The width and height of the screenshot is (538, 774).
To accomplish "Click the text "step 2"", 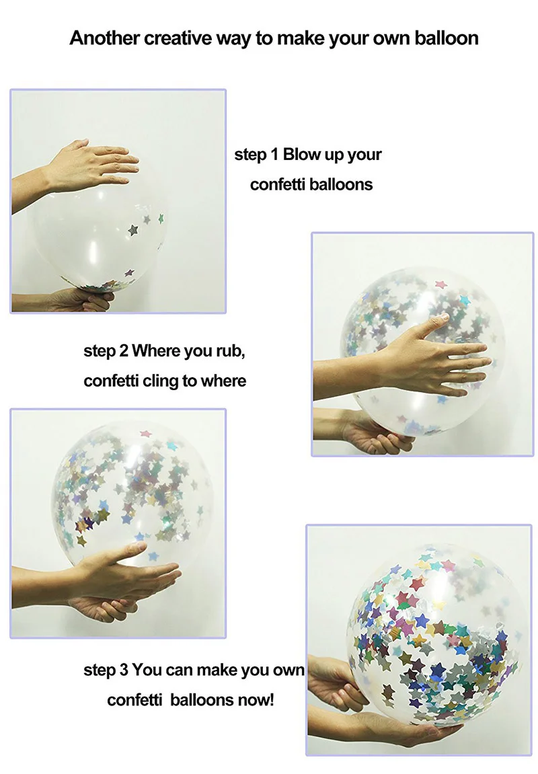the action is coord(106,351).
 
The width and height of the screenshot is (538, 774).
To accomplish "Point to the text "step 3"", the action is coord(106,670).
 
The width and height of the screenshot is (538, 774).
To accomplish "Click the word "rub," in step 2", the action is coord(231,351).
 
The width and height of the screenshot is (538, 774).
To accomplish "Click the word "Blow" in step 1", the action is coord(301,155).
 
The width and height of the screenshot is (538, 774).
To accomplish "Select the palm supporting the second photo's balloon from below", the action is coord(375,430).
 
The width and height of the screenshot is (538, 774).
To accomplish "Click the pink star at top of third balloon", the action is coord(146,434).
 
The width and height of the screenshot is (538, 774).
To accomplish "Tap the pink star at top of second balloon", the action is coord(440,285).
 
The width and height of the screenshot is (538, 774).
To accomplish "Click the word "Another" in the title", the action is coord(104,38).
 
